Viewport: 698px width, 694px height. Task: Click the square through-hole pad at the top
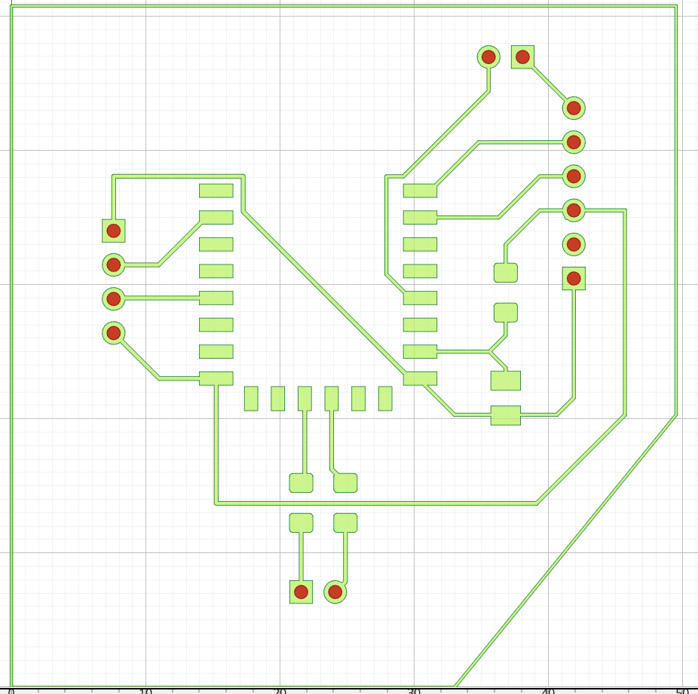pyautogui.click(x=522, y=57)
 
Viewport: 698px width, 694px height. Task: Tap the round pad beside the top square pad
pyautogui.click(x=488, y=57)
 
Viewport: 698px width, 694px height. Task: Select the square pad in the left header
pyautogui.click(x=114, y=231)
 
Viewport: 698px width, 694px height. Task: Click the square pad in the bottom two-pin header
pyautogui.click(x=301, y=592)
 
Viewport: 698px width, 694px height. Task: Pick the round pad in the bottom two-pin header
pyautogui.click(x=335, y=592)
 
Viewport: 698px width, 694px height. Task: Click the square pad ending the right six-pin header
pyautogui.click(x=574, y=278)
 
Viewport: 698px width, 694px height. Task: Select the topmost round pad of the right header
pyautogui.click(x=574, y=108)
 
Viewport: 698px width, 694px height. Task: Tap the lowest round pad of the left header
pyautogui.click(x=114, y=332)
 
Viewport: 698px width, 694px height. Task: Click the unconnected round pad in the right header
pyautogui.click(x=574, y=244)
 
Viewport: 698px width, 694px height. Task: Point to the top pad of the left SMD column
pyautogui.click(x=216, y=191)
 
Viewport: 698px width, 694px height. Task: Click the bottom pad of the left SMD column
pyautogui.click(x=216, y=378)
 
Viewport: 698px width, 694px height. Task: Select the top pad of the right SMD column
pyautogui.click(x=420, y=191)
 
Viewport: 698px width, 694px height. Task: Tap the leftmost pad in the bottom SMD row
pyautogui.click(x=251, y=399)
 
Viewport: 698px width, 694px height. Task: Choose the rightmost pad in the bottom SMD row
pyautogui.click(x=385, y=399)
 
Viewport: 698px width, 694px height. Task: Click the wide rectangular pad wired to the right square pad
pyautogui.click(x=505, y=415)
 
